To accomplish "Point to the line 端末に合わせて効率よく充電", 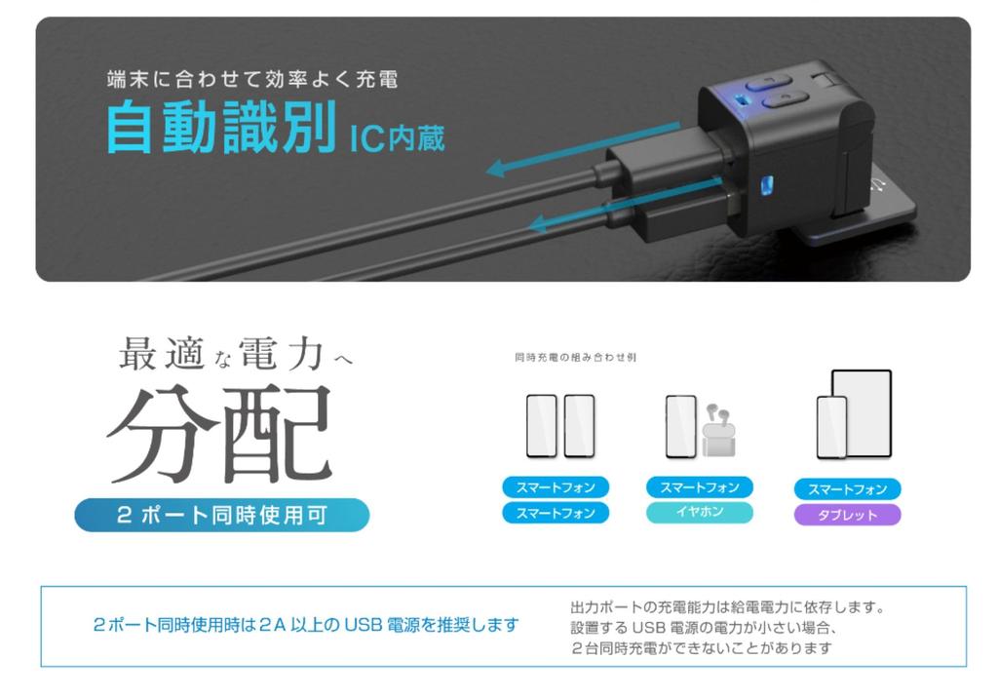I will click(251, 78).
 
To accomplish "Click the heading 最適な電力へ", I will click(235, 356).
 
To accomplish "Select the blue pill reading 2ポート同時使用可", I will click(222, 515).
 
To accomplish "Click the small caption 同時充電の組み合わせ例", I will click(575, 358).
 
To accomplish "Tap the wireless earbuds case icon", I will click(718, 431).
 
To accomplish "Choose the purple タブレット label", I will click(847, 515).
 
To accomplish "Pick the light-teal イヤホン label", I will click(700, 512).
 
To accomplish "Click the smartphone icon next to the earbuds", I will click(680, 426).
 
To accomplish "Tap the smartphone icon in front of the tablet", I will click(830, 427).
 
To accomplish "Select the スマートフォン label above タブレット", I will click(847, 489).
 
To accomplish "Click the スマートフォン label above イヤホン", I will click(700, 487).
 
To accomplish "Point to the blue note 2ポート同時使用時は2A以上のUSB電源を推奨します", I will click(306, 625).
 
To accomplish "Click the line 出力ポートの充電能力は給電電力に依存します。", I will click(726, 607).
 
